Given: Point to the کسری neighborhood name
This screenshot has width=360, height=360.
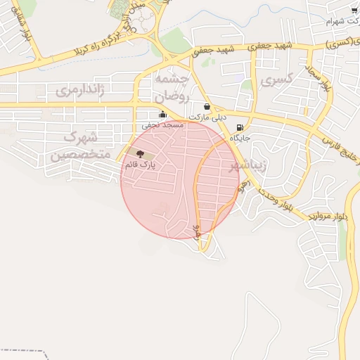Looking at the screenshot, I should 275,81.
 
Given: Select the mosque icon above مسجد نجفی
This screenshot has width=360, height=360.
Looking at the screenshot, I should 162,115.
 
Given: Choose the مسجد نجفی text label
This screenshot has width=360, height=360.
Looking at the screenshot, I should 162,124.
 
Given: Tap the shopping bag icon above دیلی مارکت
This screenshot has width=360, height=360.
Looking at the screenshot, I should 207,107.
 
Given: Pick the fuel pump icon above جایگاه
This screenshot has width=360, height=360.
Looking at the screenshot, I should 240,128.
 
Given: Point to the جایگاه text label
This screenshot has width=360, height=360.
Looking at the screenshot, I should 240,139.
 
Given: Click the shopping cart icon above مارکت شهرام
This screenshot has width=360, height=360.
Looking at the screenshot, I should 353,11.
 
